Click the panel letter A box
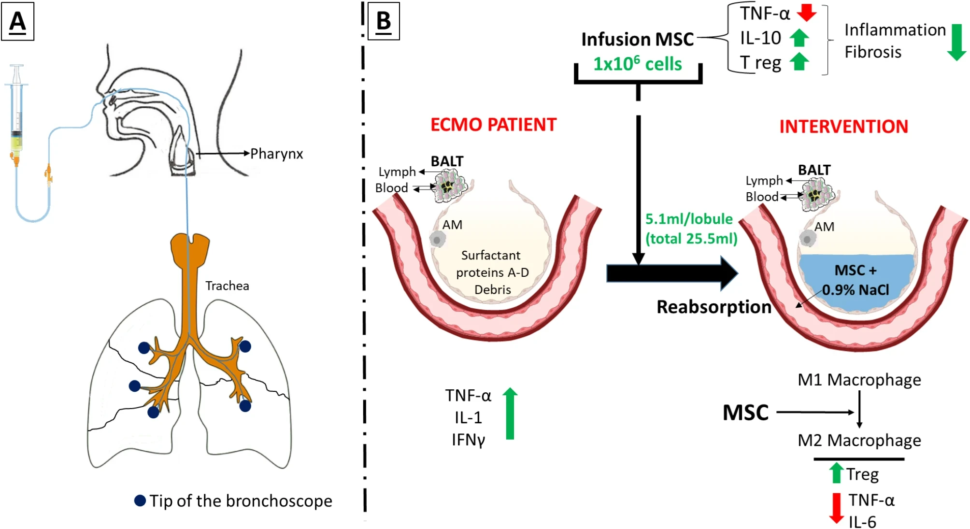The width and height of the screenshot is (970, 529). tap(17, 21)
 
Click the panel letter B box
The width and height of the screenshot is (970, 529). tap(384, 21)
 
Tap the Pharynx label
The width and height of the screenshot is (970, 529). tap(276, 154)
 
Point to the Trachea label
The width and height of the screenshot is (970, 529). tap(227, 286)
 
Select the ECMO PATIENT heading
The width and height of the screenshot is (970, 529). tap(493, 125)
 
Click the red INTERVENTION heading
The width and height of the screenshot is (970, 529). tap(843, 127)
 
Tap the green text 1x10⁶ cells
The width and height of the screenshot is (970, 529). tap(637, 64)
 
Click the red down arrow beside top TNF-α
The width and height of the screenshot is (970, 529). tap(806, 13)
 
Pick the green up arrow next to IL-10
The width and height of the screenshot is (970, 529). tap(799, 38)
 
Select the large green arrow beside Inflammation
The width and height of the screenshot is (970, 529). tap(956, 42)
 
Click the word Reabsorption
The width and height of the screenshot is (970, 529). tap(713, 307)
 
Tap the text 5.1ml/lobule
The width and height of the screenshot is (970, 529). tap(689, 219)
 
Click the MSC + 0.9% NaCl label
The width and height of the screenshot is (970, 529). tap(856, 280)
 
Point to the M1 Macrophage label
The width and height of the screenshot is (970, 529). tap(859, 380)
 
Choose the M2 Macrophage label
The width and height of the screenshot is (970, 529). tap(859, 440)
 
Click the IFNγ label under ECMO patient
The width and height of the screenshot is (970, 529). tap(468, 440)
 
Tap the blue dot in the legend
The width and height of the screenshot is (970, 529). tap(140, 500)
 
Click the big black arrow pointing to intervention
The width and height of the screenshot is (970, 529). tap(671, 273)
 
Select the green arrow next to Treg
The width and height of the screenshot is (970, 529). tap(836, 473)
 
